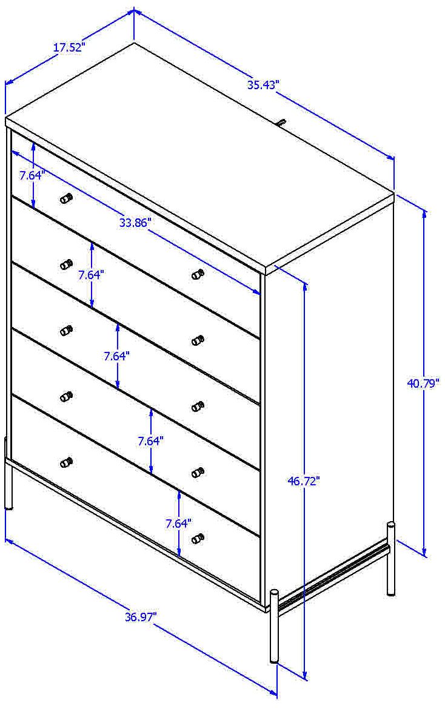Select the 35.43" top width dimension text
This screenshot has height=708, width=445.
tap(263, 85)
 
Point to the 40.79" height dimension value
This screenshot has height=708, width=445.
tap(423, 383)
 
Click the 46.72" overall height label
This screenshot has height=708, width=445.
tap(304, 481)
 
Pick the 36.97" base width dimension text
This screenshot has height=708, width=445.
tap(141, 617)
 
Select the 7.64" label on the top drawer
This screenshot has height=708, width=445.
tap(32, 175)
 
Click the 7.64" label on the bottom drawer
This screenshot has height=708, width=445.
tap(179, 522)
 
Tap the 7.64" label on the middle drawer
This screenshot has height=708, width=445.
tap(116, 356)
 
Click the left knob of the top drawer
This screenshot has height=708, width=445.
tap(66, 198)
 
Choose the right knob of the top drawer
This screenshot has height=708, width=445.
tap(197, 274)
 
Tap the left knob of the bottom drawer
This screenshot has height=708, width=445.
tap(66, 463)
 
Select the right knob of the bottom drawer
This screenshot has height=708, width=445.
tap(197, 538)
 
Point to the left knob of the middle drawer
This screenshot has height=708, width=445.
tap(66, 331)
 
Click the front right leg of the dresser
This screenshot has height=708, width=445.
tap(275, 625)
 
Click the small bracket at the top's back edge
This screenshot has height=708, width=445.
tap(281, 123)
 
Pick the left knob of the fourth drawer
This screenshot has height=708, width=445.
tap(66, 397)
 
